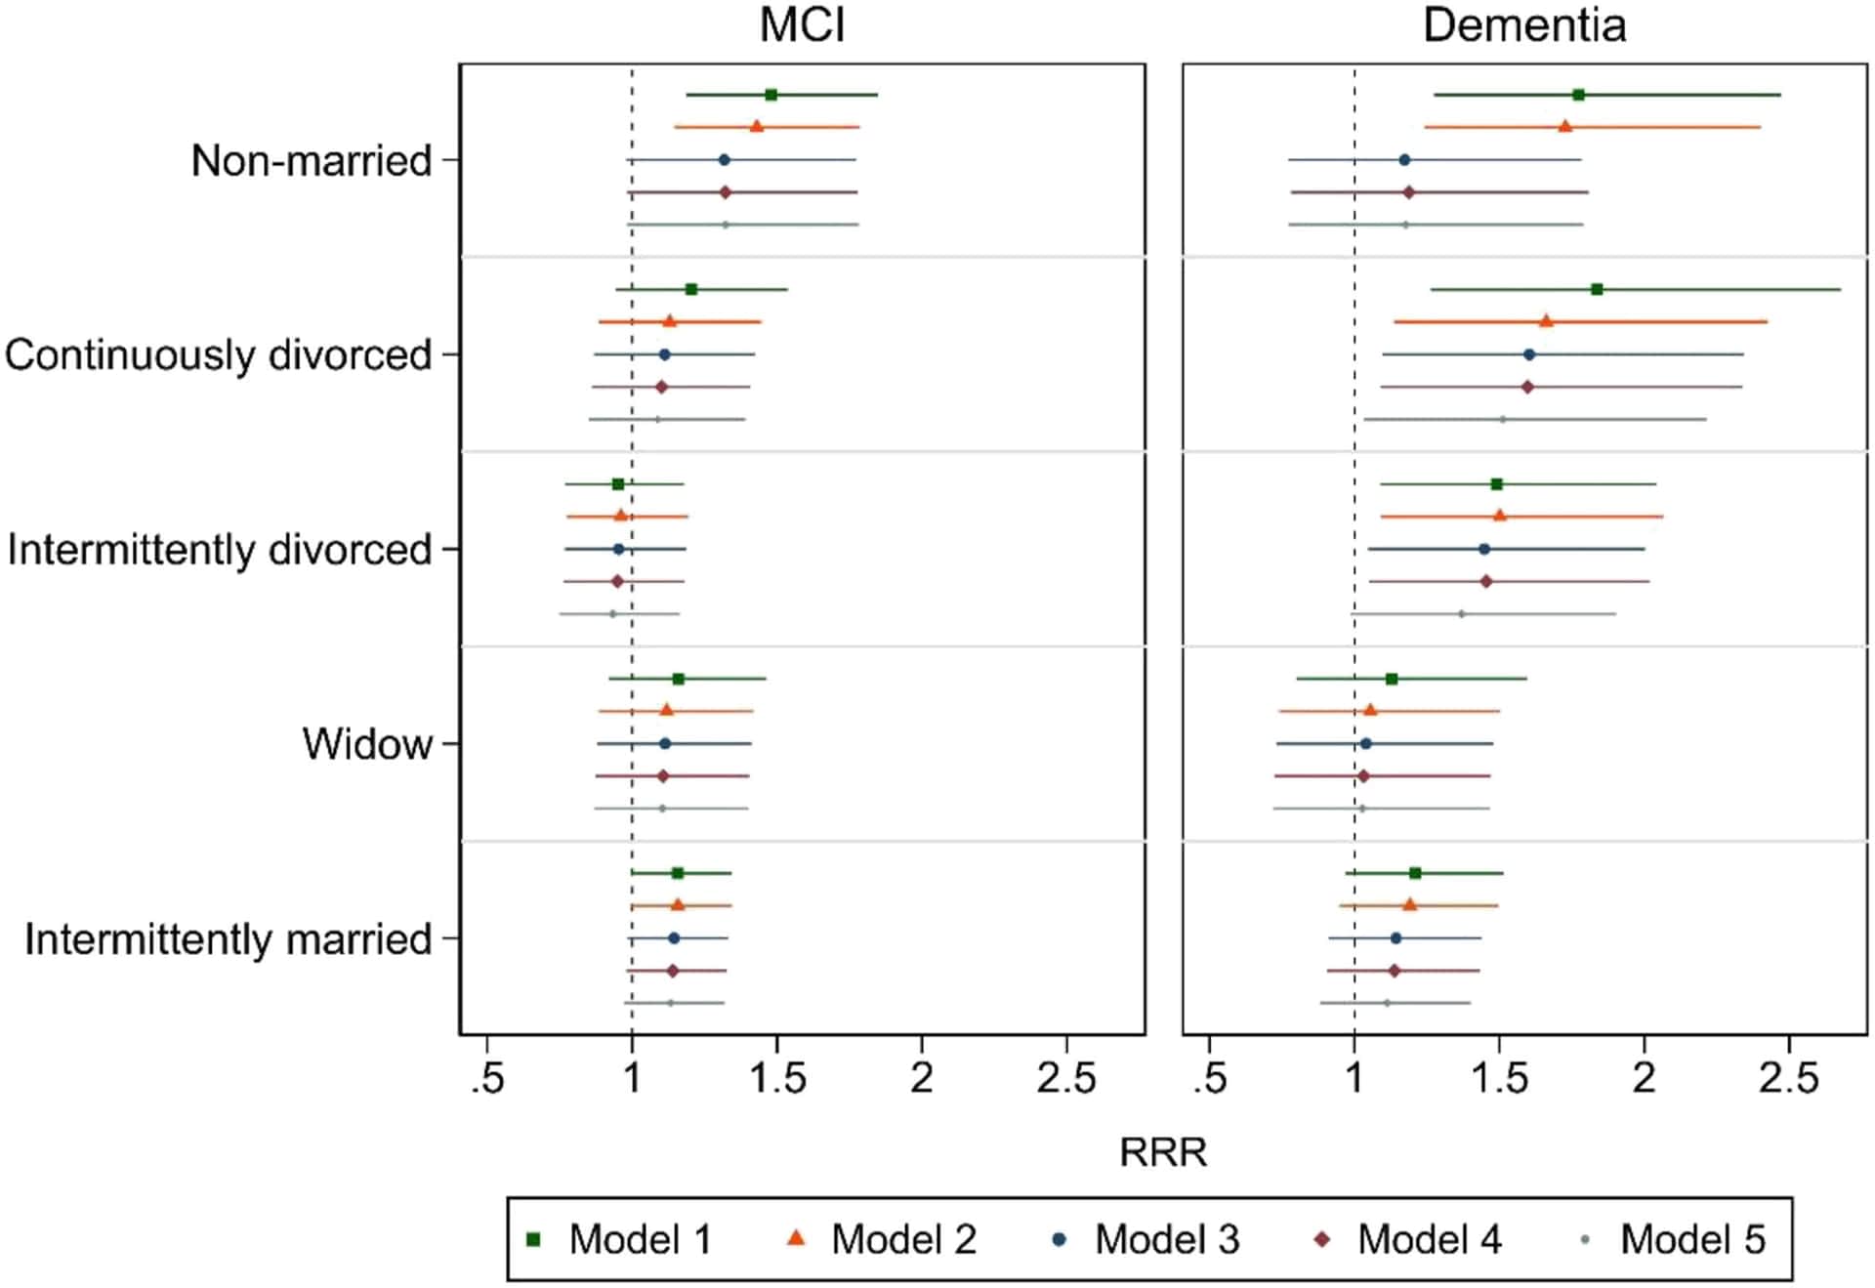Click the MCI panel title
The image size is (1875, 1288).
[x=802, y=24]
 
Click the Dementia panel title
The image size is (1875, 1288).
[x=1524, y=24]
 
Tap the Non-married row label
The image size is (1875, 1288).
[x=312, y=160]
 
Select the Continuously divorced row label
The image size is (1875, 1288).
[x=218, y=354]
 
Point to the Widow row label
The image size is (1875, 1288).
[x=367, y=744]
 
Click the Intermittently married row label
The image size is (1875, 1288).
[x=229, y=938]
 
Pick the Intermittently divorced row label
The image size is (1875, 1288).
[x=220, y=549]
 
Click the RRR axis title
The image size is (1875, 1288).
[x=1163, y=1152]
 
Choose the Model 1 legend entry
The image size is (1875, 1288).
[x=619, y=1239]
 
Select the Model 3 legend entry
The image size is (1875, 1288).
[x=1146, y=1239]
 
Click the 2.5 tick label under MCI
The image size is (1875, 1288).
[x=1066, y=1079]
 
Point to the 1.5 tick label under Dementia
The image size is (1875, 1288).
[x=1499, y=1079]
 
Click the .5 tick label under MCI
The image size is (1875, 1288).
[x=487, y=1079]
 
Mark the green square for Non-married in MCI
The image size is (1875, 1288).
[x=771, y=95]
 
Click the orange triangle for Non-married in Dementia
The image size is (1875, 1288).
[x=1564, y=126]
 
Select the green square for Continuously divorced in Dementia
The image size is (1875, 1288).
[x=1597, y=289]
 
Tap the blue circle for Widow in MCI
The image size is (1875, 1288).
[x=665, y=743]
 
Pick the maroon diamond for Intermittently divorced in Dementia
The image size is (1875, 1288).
[x=1486, y=581]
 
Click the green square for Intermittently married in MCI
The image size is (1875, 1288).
[x=678, y=873]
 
